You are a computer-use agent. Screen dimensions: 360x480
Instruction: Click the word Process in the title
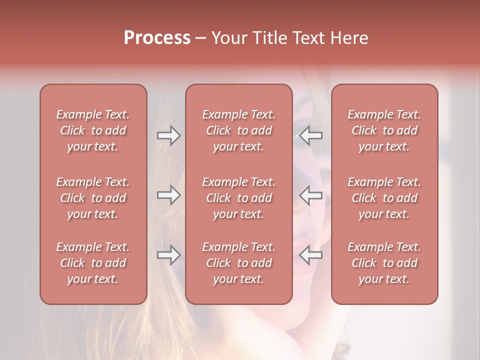tap(157, 38)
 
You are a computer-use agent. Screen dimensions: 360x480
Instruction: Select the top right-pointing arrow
tap(168, 135)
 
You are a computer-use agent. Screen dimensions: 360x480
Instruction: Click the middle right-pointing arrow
tap(168, 195)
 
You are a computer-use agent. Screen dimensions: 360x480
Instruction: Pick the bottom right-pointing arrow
tap(168, 255)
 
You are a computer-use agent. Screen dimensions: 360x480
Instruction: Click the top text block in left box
tap(93, 130)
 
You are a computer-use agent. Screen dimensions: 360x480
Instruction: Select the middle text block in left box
tap(93, 198)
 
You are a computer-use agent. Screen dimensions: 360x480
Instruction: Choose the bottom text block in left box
tap(93, 263)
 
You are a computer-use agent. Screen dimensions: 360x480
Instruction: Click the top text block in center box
tap(239, 130)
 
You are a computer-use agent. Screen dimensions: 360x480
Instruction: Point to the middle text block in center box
tap(239, 198)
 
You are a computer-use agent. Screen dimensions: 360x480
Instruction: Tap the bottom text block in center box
tap(239, 263)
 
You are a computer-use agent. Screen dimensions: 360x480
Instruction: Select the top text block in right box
tap(384, 130)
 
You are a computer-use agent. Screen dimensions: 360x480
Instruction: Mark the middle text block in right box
tap(384, 198)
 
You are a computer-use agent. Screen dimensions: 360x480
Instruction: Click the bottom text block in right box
tap(384, 263)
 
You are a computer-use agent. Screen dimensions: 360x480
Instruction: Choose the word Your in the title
tap(228, 38)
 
